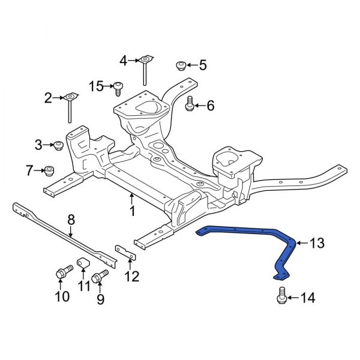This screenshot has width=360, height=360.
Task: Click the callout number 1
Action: tap(132, 211)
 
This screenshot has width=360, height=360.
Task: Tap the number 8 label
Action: tap(71, 220)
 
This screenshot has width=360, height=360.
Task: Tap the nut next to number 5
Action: tap(180, 65)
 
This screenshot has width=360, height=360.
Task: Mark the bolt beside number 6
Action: tap(189, 106)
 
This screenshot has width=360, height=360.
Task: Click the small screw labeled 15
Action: tap(118, 88)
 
